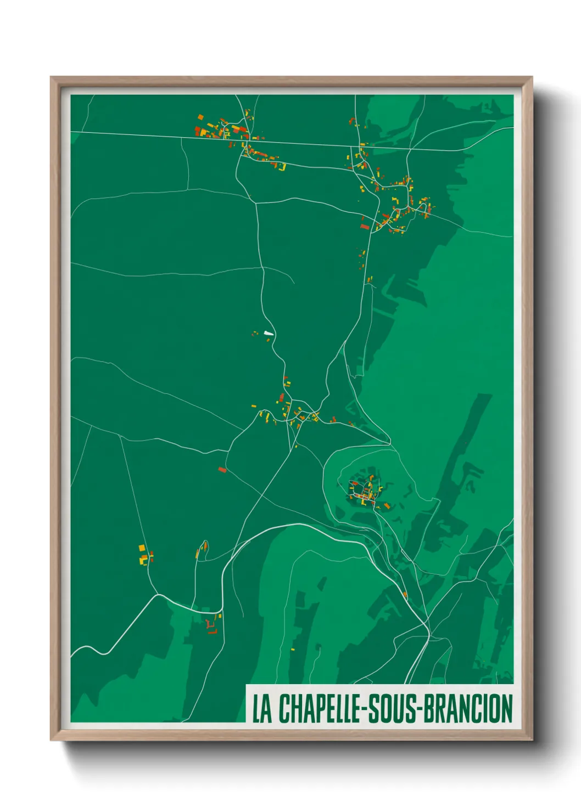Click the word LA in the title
click(262, 708)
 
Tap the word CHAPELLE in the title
click(320, 708)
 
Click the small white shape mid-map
click(269, 332)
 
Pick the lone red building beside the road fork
click(222, 470)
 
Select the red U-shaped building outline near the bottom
click(210, 626)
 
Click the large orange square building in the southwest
click(142, 548)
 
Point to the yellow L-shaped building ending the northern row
click(283, 167)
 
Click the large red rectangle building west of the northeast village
click(364, 226)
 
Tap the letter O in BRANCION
click(496, 708)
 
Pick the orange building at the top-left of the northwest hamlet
click(200, 117)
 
